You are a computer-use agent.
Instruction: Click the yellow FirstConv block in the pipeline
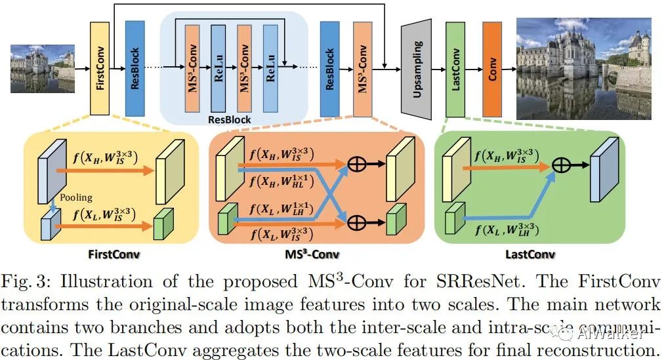100,67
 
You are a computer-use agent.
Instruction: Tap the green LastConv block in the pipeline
455,67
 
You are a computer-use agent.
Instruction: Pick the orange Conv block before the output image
492,67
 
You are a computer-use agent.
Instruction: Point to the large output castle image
584,67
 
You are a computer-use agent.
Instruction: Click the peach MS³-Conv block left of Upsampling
363,67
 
